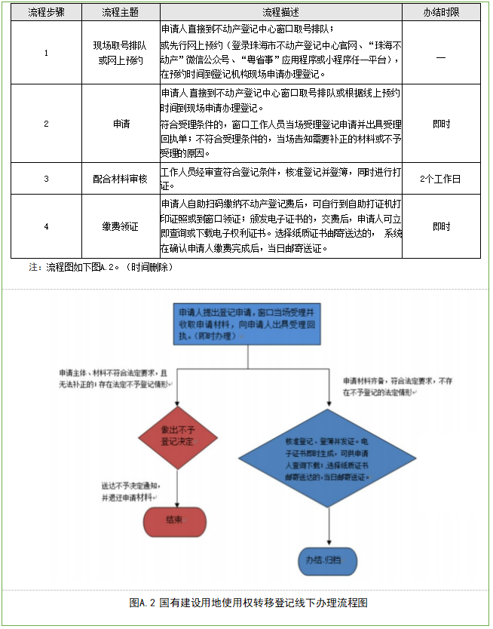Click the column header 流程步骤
(46, 13)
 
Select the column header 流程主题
(121, 13)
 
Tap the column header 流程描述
(280, 13)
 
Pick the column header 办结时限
(440, 13)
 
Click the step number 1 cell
(46, 53)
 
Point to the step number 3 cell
(46, 179)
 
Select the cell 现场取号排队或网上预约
(121, 53)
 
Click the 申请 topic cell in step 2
(121, 124)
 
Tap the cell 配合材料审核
(121, 179)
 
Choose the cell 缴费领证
(121, 226)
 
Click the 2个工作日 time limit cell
(440, 179)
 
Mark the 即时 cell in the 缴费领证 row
(440, 226)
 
